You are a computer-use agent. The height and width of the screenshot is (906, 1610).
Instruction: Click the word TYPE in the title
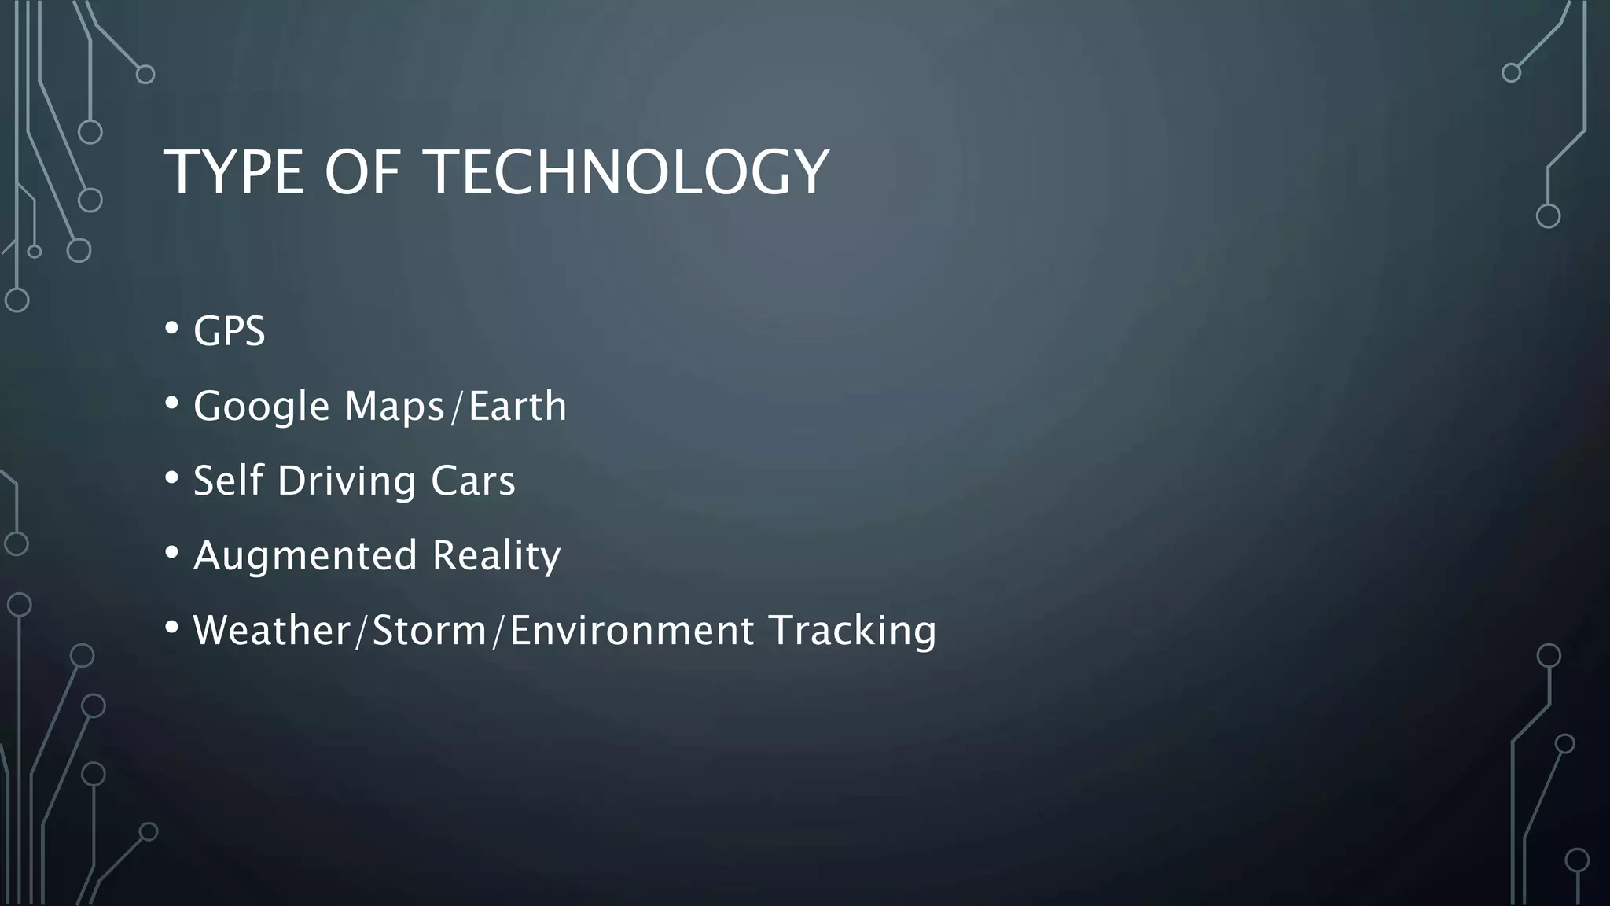point(233,172)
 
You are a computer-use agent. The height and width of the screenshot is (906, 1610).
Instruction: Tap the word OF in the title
point(362,172)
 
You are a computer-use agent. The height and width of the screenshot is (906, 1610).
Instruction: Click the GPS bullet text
point(229,331)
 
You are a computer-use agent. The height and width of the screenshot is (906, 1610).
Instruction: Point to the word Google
point(261,407)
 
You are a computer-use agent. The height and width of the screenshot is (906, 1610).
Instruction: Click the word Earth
point(517,406)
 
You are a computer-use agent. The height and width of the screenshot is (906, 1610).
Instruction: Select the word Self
point(228,481)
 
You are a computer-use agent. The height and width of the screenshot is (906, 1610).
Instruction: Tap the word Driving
point(347,481)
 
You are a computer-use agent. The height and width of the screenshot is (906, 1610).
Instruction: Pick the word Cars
point(472,481)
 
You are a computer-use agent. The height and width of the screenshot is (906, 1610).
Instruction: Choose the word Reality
point(496,556)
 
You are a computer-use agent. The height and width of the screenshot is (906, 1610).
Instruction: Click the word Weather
point(272,630)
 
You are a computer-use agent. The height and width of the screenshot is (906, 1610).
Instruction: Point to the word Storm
point(429,630)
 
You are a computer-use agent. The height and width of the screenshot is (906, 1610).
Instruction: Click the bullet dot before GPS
point(172,328)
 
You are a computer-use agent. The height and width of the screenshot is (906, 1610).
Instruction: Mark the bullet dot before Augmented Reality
point(172,553)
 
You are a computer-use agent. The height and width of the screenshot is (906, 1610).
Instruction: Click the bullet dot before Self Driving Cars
point(172,477)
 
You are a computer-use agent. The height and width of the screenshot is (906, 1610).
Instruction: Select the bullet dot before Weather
point(172,628)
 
